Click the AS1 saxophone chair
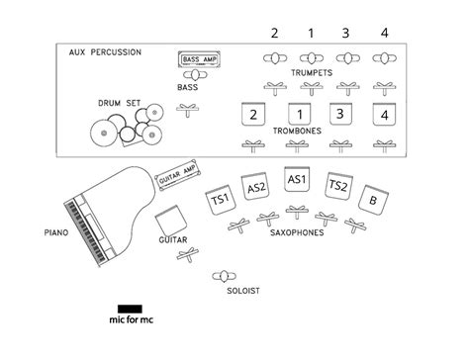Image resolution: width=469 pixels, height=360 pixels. click(297, 181)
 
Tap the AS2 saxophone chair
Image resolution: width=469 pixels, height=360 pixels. click(256, 188)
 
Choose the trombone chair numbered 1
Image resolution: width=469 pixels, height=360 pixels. click(297, 114)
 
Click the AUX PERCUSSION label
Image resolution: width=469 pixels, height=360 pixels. click(105, 52)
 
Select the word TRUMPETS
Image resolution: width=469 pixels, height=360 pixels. click(312, 73)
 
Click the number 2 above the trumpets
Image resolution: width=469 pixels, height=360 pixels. click(274, 34)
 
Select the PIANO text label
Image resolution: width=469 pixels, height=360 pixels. click(55, 233)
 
